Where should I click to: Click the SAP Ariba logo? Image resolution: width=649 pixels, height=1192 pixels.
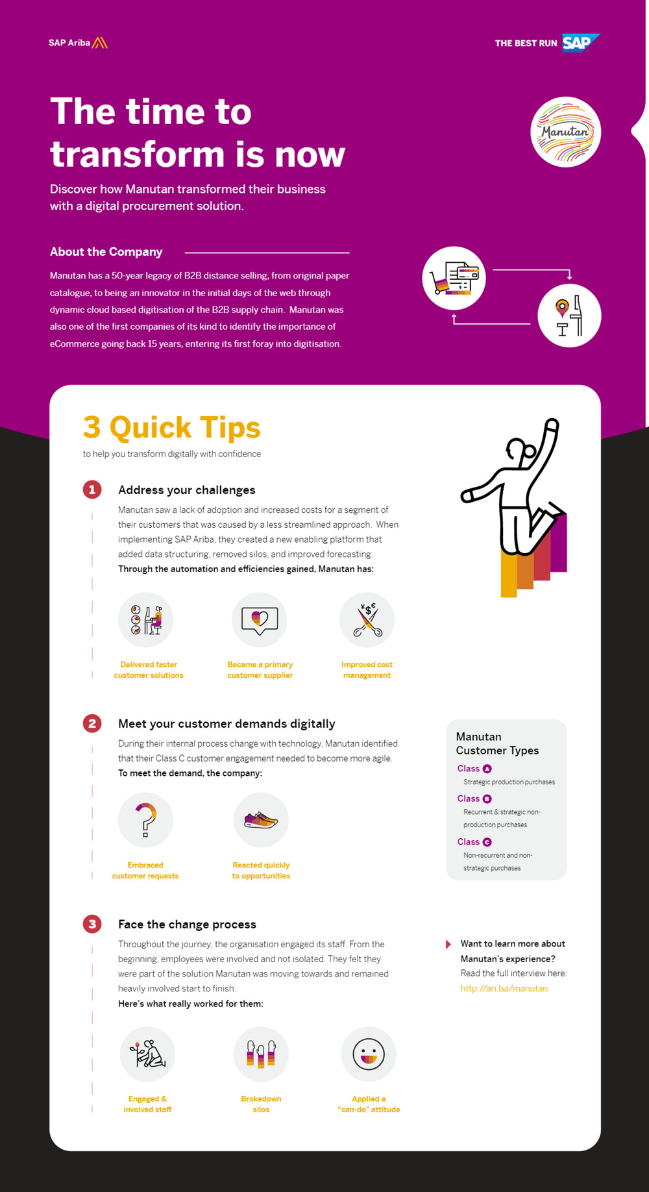coord(78,43)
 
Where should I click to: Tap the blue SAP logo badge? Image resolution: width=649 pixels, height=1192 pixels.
coord(580,43)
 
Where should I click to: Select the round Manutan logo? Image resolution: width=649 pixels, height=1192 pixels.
coord(565,132)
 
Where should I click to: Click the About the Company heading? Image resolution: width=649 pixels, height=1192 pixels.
coord(106,252)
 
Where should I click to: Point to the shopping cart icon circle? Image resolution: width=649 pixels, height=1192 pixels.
coord(454,279)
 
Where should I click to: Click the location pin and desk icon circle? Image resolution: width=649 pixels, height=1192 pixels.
coord(569,316)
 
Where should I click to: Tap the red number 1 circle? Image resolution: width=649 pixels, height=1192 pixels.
coord(92,490)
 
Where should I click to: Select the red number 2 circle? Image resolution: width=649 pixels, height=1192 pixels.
coord(92,723)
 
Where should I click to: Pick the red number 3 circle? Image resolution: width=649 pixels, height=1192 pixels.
coord(92,924)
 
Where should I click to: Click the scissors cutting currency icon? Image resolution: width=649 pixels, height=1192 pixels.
coord(367,620)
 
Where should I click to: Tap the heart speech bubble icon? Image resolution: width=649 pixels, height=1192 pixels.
coord(260,620)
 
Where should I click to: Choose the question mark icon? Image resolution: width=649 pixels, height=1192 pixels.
coord(146,820)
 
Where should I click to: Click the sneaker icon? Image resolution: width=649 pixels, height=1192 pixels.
coord(261,820)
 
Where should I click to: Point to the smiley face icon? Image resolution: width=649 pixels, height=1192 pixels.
coord(369,1054)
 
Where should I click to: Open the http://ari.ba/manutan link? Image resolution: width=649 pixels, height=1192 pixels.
coord(504,988)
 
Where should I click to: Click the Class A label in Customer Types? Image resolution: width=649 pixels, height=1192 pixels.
coord(474,769)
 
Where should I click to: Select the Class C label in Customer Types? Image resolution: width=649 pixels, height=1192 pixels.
coord(474,842)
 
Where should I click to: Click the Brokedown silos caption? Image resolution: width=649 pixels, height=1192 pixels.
coord(261,1104)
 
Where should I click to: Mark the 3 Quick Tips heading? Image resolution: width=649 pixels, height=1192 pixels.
coord(172,428)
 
